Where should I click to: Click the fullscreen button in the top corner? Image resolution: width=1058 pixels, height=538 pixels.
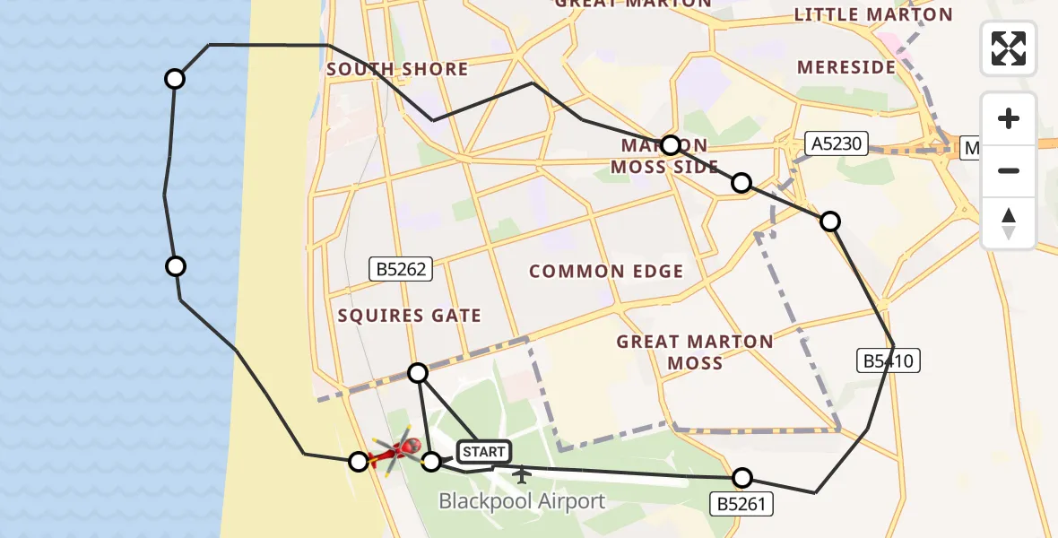(x=1009, y=48)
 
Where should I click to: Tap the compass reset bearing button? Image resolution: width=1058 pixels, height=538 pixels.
(x=1009, y=224)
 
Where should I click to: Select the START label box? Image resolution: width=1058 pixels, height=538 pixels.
(x=484, y=452)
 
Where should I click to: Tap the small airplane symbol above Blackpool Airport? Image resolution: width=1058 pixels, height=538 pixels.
(x=522, y=473)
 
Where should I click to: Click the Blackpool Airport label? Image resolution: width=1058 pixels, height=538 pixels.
(x=522, y=501)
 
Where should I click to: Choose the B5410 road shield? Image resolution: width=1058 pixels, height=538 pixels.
(x=888, y=360)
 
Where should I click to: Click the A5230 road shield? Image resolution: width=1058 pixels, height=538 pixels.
(x=837, y=143)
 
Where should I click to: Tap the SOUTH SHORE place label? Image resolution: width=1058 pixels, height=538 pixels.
(x=397, y=69)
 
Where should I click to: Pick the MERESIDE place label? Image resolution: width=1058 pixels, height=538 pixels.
(x=846, y=67)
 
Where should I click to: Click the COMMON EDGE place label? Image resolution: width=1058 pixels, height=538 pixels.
(x=606, y=271)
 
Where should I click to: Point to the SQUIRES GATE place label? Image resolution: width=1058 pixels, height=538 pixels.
(x=410, y=315)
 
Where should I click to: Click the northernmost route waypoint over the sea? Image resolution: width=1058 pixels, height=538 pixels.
(x=175, y=79)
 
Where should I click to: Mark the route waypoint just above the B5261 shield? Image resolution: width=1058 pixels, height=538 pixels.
(x=742, y=478)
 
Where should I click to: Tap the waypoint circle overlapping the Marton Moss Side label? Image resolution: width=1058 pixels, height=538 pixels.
(x=671, y=145)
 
